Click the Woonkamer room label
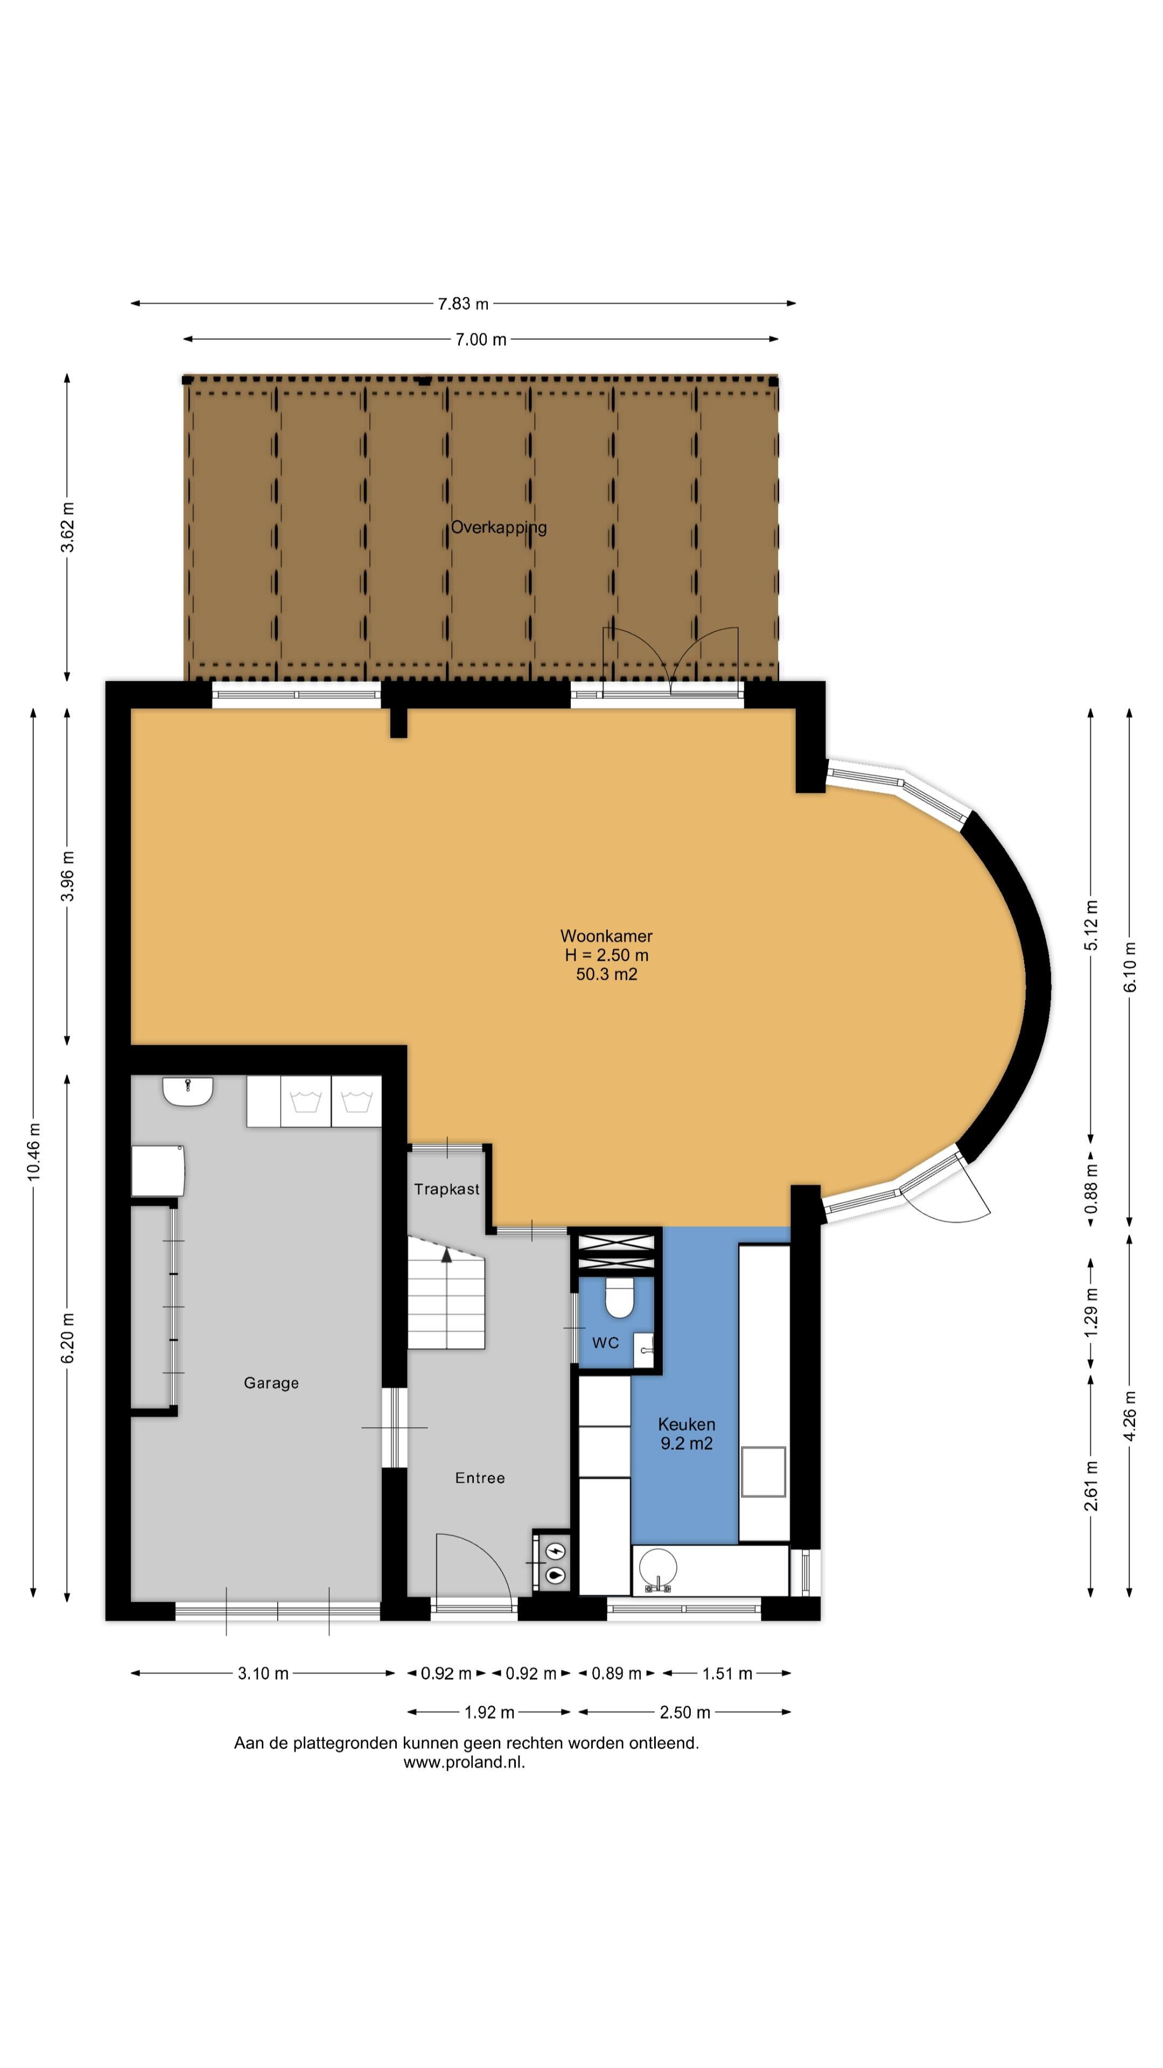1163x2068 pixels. click(606, 936)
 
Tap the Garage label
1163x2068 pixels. click(271, 1383)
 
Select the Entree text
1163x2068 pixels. click(480, 1478)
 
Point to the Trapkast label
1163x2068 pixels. click(447, 1189)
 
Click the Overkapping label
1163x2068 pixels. click(499, 527)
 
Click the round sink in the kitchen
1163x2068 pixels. click(658, 1568)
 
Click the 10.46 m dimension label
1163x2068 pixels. click(34, 1151)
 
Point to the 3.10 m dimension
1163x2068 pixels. click(263, 1674)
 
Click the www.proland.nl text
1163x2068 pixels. click(464, 1764)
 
